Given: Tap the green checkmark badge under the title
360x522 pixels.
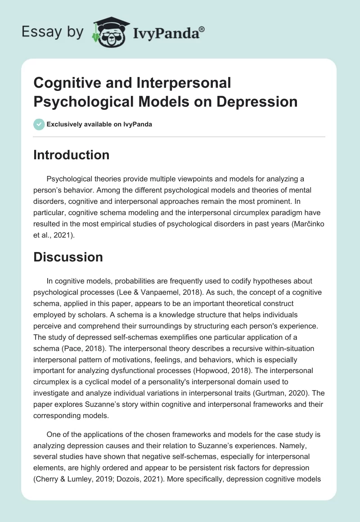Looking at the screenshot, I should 39,124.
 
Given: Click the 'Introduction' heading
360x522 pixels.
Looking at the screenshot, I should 72,155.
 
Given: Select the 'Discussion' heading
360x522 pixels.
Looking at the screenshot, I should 68,257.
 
